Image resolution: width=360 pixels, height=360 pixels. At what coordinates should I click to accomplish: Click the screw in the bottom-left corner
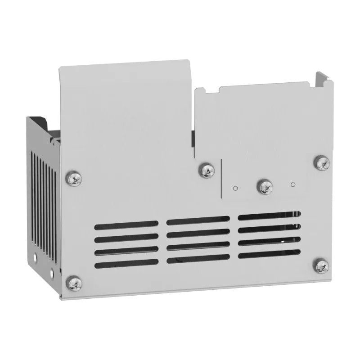tap(74, 283)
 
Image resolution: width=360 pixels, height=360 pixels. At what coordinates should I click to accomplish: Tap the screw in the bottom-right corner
tap(322, 266)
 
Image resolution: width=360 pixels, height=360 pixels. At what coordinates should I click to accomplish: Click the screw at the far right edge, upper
tap(321, 162)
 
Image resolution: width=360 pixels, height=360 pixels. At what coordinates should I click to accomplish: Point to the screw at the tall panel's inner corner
tap(207, 170)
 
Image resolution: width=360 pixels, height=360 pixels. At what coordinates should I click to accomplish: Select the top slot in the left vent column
tap(126, 225)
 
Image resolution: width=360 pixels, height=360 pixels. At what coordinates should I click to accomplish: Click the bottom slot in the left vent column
tap(126, 262)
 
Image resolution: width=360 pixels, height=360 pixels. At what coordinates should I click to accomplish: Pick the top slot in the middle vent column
tap(198, 220)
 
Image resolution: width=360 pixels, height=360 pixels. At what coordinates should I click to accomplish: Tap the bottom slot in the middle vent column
tap(198, 259)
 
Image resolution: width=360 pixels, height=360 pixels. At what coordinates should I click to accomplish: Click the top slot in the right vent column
tap(269, 216)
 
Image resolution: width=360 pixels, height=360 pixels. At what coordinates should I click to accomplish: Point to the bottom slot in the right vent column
tap(269, 254)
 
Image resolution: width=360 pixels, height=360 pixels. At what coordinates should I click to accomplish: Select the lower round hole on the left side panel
tap(52, 272)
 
